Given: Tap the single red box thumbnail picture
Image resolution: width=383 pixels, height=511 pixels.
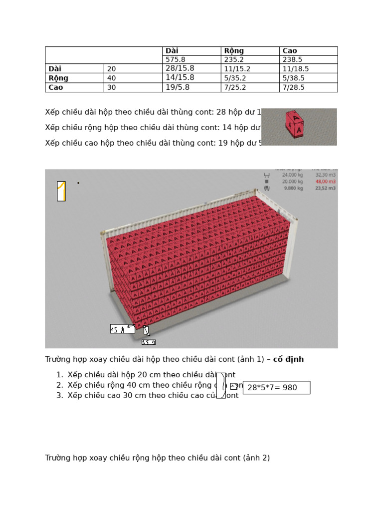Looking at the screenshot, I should tap(299, 127).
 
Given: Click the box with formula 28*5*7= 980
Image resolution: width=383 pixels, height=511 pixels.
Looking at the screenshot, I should tap(276, 388).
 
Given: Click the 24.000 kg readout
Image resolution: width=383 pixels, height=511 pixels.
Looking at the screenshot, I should tap(292, 175).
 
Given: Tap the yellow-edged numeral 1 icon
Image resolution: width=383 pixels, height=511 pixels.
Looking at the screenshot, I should tap(61, 191).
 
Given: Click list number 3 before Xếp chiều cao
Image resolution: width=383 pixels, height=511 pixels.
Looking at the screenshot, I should tap(59, 396).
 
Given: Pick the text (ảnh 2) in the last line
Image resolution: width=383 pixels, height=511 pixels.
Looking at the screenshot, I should tap(256, 458).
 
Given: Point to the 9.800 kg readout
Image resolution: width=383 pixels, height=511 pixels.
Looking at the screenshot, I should tap(293, 188).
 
